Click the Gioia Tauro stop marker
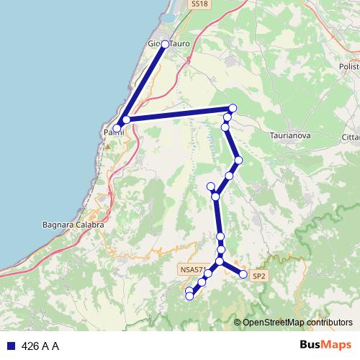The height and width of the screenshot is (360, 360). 166,45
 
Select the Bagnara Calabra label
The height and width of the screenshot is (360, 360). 73,225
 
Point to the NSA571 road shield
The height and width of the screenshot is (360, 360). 193,269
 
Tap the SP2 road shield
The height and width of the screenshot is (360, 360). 260,276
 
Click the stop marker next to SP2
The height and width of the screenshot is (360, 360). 243,275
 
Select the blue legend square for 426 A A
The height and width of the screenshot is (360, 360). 11,346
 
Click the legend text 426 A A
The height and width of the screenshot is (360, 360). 40,346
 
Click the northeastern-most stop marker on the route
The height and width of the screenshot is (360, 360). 233,109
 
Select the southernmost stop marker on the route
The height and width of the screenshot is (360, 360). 189,296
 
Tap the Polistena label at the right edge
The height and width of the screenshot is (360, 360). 348,66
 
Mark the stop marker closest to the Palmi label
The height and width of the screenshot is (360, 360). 117,128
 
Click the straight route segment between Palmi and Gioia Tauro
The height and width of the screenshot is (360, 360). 146,81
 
